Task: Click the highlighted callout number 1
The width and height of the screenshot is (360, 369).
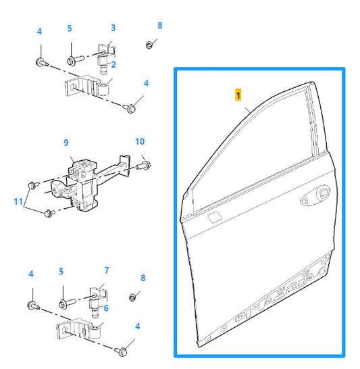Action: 238,95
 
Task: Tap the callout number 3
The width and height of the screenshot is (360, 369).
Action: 113,28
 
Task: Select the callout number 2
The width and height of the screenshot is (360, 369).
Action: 113,64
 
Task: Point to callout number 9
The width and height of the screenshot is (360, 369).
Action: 66,143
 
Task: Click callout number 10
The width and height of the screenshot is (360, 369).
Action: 140,141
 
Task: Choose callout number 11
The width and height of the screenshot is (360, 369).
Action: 18,201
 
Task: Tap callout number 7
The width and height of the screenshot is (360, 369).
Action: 107,270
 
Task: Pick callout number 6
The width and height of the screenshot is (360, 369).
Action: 106,308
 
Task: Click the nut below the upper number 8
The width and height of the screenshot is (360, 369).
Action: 149,45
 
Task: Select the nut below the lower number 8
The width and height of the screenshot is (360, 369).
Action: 132,297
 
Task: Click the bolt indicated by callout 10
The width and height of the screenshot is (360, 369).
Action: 143,166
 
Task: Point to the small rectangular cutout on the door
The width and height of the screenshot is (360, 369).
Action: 214,217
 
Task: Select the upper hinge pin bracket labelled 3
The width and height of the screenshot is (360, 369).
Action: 107,57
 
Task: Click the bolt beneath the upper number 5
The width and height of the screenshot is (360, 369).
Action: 75,59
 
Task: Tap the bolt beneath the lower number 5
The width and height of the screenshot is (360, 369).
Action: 68,303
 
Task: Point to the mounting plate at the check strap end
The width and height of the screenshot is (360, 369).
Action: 125,166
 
